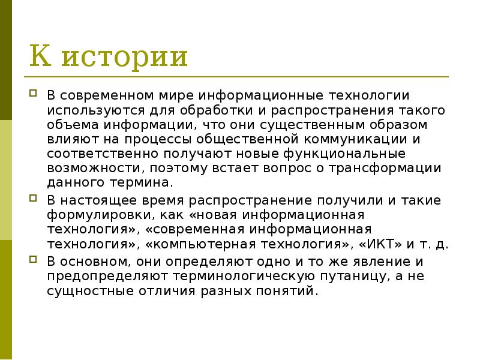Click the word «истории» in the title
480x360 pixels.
[124, 58]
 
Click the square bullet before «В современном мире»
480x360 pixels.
[34, 94]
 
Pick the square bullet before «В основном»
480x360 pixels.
[34, 260]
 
